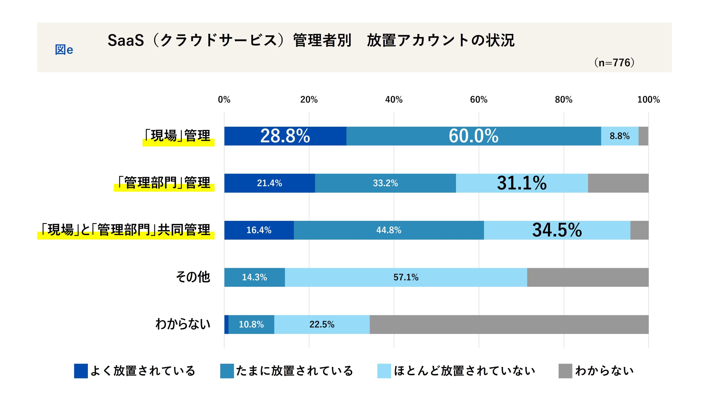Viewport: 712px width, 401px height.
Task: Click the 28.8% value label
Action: coord(285,136)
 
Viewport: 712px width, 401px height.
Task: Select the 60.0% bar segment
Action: coord(473,136)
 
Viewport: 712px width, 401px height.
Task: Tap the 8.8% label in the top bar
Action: coord(619,136)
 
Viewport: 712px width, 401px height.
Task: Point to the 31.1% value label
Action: coord(521,183)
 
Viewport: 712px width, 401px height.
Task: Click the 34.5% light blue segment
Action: coord(557,230)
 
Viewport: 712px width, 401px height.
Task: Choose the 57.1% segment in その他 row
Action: coord(406,277)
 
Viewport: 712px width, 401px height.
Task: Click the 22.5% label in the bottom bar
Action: coord(322,324)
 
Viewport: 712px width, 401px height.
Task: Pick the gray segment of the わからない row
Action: coord(509,324)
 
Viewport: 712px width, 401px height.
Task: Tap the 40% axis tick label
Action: coord(394,99)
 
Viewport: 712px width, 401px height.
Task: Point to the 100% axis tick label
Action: coord(648,99)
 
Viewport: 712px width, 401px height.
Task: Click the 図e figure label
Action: coord(64,50)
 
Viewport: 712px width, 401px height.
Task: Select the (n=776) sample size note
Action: coord(614,62)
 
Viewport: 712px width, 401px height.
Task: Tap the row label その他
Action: coord(193,277)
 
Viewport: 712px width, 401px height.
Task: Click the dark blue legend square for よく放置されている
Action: coord(81,371)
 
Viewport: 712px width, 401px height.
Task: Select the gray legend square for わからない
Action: coord(565,371)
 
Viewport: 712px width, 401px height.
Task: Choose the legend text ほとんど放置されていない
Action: coord(464,371)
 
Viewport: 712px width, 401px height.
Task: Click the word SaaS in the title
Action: coord(126,40)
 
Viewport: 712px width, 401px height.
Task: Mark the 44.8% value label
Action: coord(389,230)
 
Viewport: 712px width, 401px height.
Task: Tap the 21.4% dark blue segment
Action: coord(269,183)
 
